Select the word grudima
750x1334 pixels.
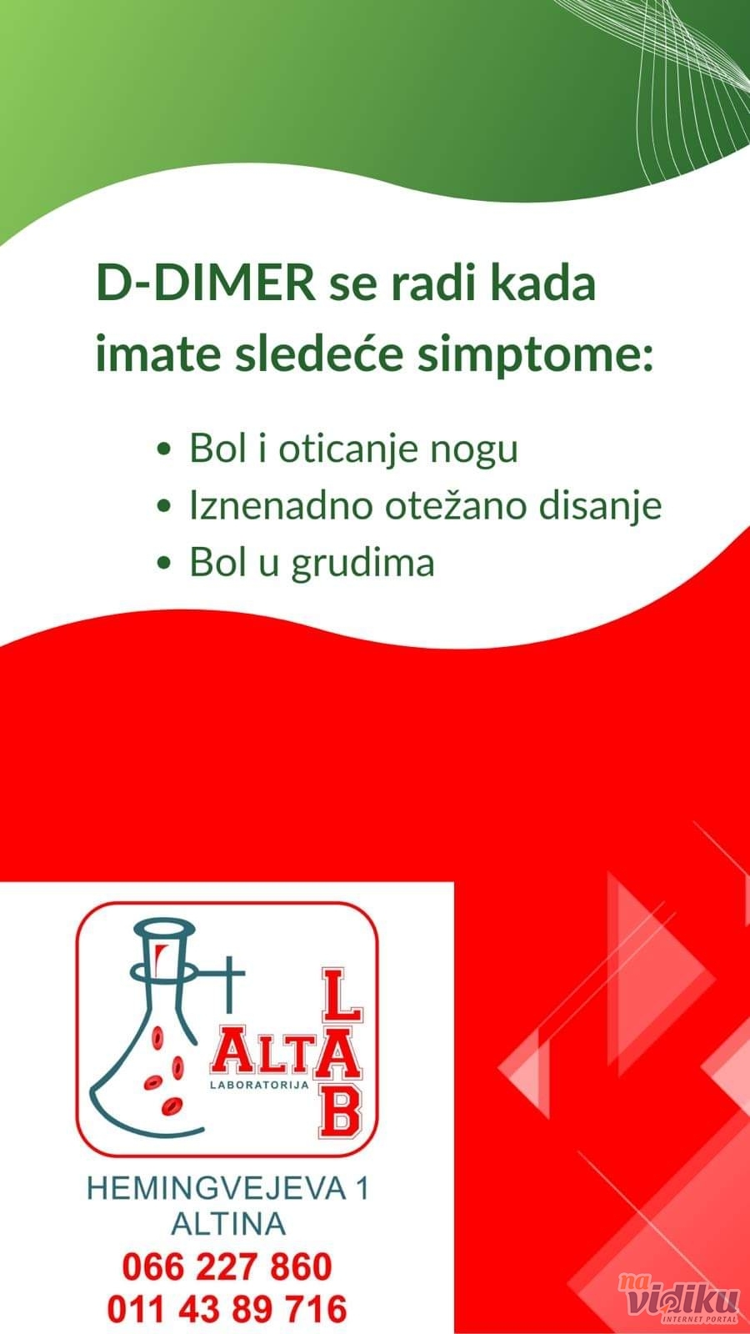pyautogui.click(x=362, y=562)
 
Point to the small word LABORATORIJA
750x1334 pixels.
pyautogui.click(x=259, y=1085)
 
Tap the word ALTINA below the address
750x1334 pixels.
pyautogui.click(x=228, y=1224)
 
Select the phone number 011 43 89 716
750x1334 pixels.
pyautogui.click(x=227, y=1309)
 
